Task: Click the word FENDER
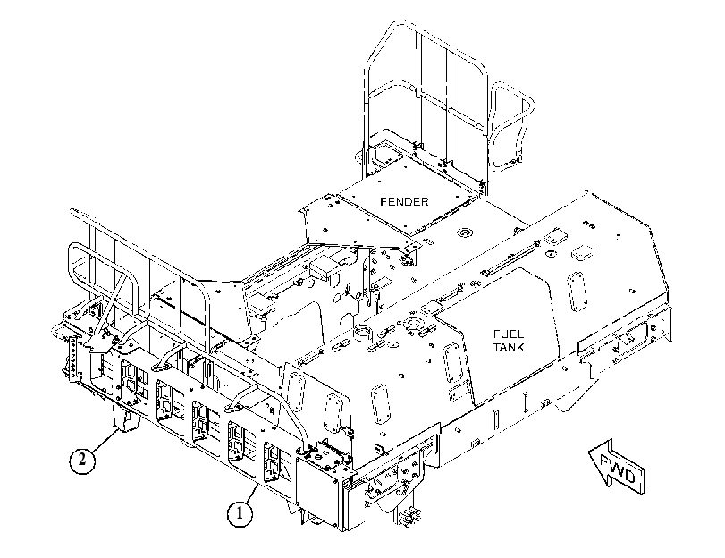pos(404,202)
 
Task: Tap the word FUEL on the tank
pos(508,334)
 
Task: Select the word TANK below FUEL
pos(508,347)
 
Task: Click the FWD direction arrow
pos(617,467)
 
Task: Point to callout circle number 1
pos(240,513)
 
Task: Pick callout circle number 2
pos(82,460)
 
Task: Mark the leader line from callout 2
pos(103,440)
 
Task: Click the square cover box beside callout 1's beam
pos(318,493)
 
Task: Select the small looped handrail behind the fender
pos(512,125)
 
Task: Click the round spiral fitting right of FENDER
pos(464,232)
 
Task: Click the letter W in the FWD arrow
pos(617,468)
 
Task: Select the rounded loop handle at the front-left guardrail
pos(104,287)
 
